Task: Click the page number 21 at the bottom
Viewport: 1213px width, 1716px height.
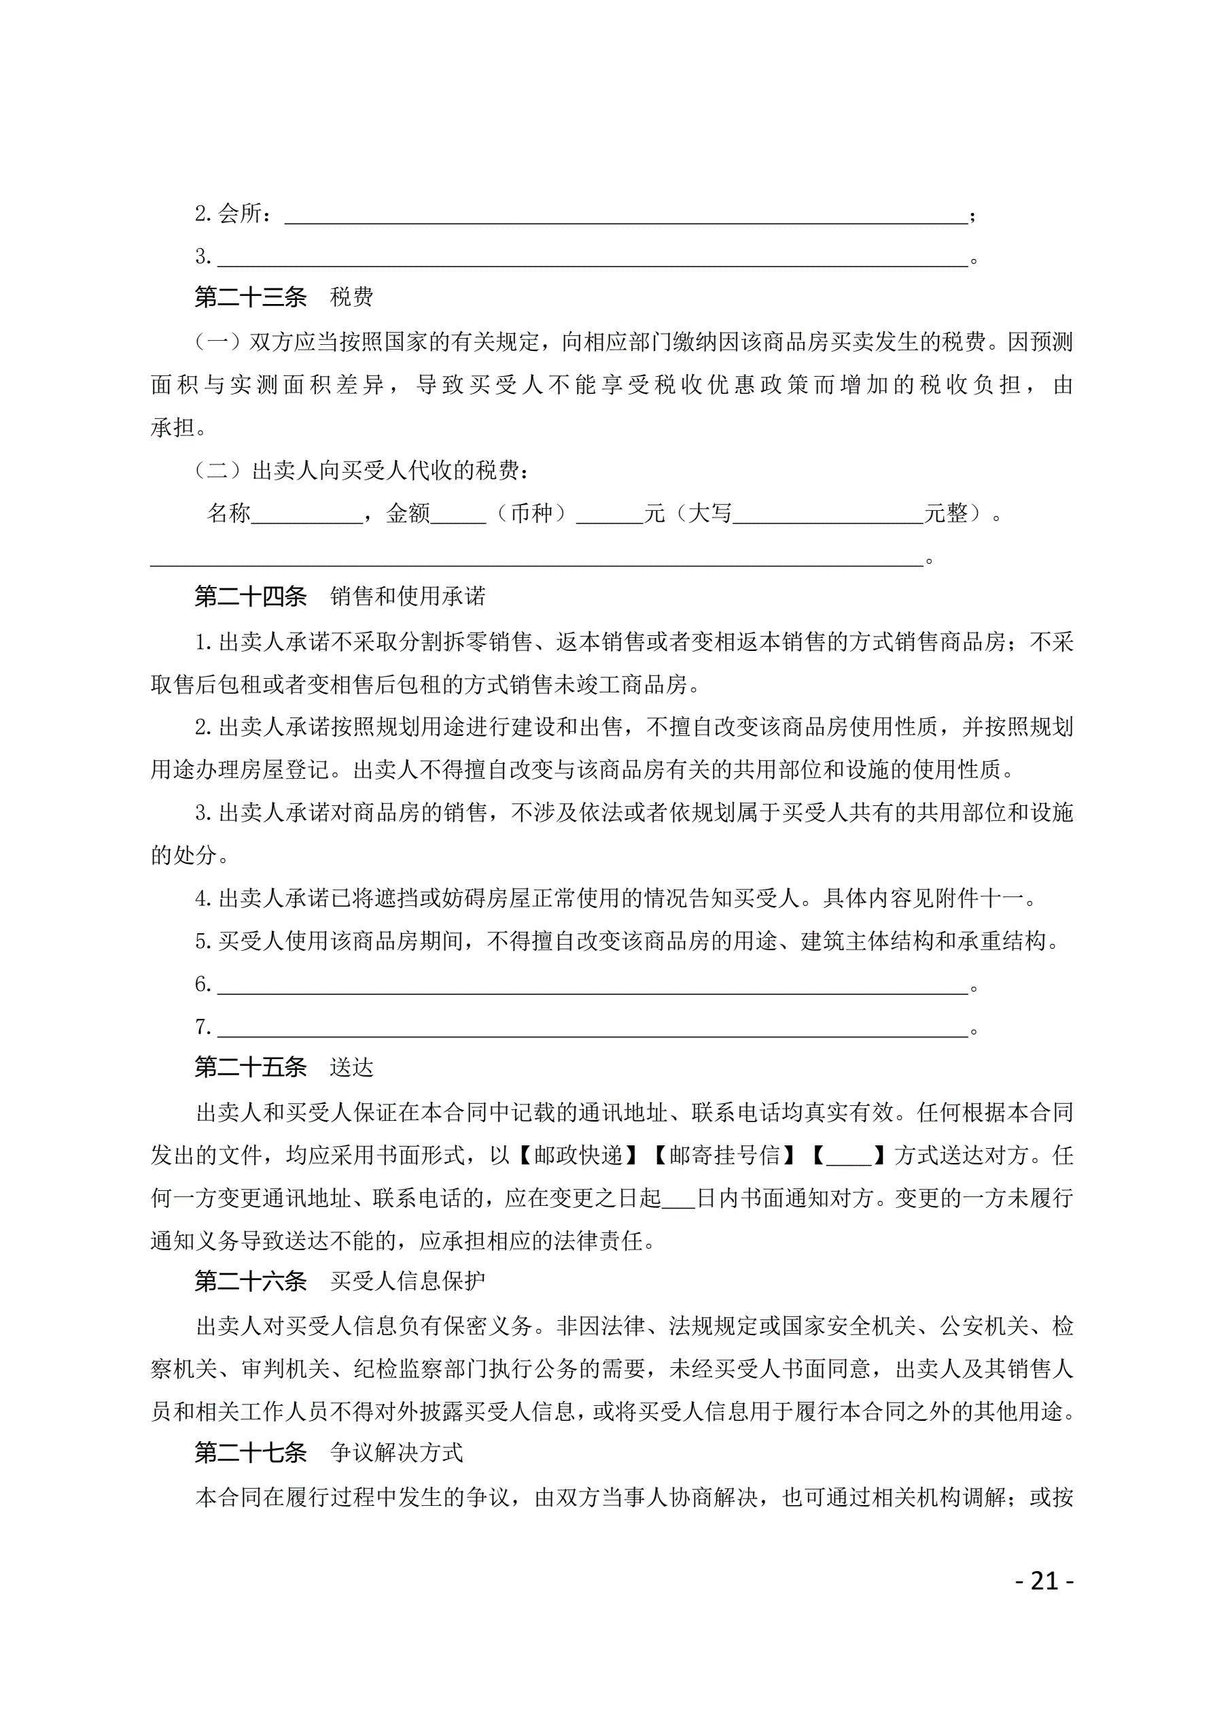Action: (x=1044, y=1581)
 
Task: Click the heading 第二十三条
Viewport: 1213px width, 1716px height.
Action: (x=250, y=297)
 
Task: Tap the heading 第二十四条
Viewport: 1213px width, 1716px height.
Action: (x=250, y=596)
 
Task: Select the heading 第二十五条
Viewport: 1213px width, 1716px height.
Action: (x=250, y=1066)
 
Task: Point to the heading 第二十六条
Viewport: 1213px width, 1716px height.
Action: (x=250, y=1280)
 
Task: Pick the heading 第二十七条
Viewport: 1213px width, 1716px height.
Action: (x=250, y=1451)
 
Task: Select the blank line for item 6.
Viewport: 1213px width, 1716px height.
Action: (x=593, y=987)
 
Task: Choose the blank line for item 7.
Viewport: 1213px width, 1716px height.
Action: (x=593, y=1029)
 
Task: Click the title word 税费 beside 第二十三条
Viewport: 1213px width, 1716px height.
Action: (x=351, y=297)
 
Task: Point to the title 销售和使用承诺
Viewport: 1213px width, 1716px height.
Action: (x=408, y=596)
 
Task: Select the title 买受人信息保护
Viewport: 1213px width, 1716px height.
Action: (x=408, y=1280)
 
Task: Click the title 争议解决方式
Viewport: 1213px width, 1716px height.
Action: (x=397, y=1451)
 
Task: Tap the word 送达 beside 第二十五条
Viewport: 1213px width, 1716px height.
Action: (x=351, y=1066)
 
